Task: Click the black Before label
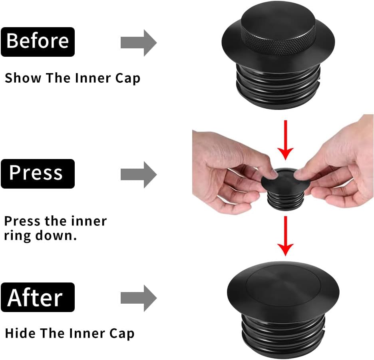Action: tap(38, 42)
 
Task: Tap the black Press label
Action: tap(38, 174)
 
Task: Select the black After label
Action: tap(38, 297)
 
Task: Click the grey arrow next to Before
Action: tap(139, 43)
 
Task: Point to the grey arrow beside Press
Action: tap(139, 175)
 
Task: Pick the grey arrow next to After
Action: tap(139, 298)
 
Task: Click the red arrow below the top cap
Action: tap(286, 140)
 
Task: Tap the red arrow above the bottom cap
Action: tap(286, 236)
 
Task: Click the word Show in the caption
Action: tap(23, 78)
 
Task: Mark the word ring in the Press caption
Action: tap(18, 236)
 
